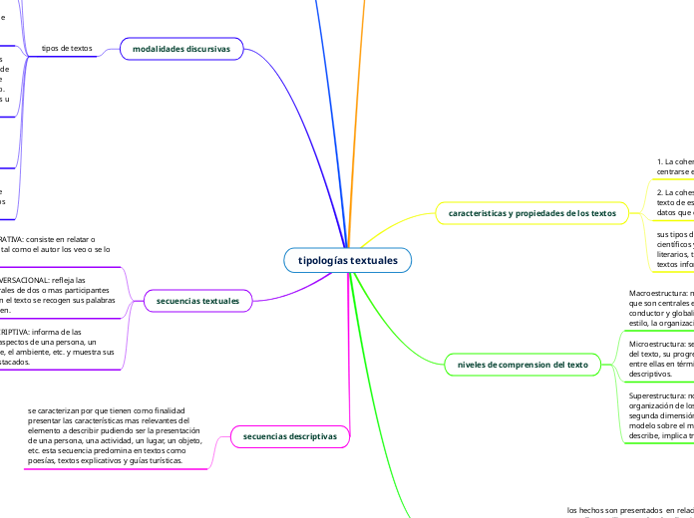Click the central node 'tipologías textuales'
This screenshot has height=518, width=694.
click(x=347, y=261)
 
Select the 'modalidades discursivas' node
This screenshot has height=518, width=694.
click(x=181, y=48)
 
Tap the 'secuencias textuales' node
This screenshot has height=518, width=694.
click(x=199, y=301)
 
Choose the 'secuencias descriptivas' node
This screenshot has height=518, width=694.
click(x=290, y=435)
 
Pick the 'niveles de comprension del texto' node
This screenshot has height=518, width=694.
click(x=523, y=365)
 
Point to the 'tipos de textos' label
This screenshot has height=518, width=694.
click(x=68, y=48)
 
